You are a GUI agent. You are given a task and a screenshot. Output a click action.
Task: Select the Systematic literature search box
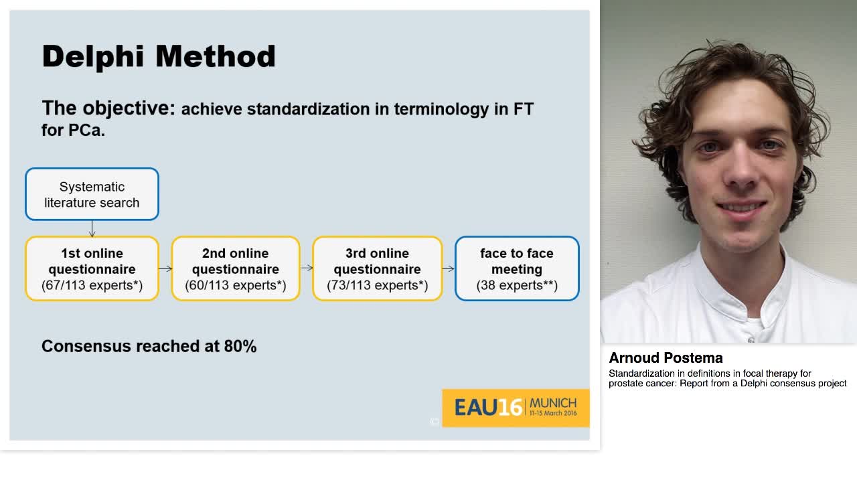click(x=92, y=194)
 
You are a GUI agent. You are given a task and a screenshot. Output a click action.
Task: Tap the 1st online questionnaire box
click(x=92, y=268)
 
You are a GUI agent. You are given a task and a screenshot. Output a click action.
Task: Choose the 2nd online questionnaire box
click(x=236, y=268)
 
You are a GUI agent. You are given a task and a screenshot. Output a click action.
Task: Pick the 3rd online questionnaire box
click(x=378, y=268)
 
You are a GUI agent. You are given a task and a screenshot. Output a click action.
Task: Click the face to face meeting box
click(x=517, y=268)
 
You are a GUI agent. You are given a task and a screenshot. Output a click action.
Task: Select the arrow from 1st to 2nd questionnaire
click(x=165, y=268)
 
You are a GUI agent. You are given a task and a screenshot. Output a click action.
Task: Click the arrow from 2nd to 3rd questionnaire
click(x=307, y=268)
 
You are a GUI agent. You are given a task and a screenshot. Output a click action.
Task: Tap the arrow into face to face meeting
click(x=449, y=268)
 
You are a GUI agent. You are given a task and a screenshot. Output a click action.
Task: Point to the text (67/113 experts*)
click(x=92, y=286)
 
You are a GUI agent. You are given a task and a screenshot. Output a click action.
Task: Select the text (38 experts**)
click(x=517, y=286)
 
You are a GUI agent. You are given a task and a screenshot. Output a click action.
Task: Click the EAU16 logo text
click(x=488, y=407)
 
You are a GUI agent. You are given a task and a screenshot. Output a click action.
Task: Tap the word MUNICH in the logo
click(x=552, y=403)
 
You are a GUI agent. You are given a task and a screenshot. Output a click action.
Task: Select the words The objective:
click(x=108, y=108)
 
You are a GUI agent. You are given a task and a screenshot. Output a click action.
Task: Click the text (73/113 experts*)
click(x=378, y=286)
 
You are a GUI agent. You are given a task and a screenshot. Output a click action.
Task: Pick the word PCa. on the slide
click(x=87, y=130)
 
